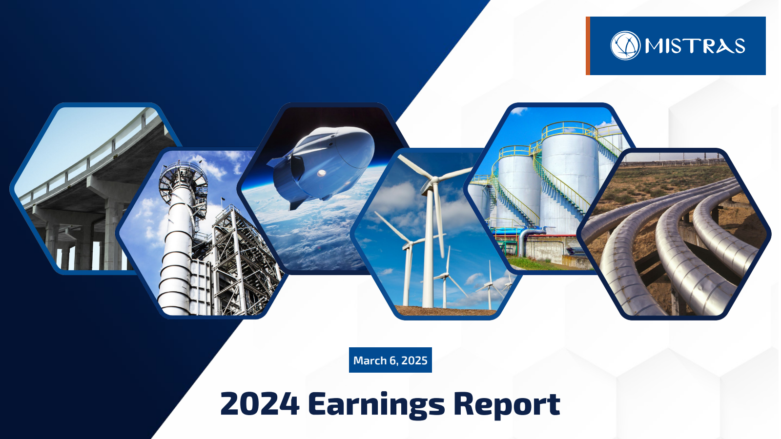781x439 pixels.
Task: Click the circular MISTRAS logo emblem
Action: [x=625, y=46]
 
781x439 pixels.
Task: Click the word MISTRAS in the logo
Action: [x=695, y=46]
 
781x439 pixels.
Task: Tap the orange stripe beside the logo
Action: [x=588, y=46]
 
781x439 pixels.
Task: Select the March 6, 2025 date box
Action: [x=390, y=360]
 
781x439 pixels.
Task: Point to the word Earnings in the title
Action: [x=376, y=405]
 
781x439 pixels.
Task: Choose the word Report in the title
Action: [x=507, y=405]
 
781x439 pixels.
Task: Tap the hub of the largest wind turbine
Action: [x=433, y=180]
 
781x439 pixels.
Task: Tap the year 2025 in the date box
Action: [x=414, y=360]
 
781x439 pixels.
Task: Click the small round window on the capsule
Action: [x=322, y=173]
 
